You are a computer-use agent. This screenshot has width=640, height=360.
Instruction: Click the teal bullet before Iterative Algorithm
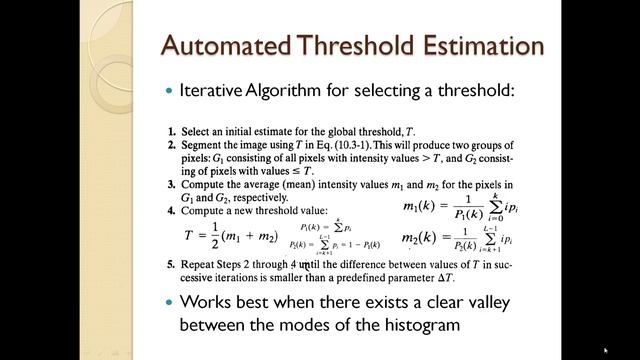click(168, 91)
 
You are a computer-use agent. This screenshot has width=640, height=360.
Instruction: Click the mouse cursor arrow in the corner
click(606, 350)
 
